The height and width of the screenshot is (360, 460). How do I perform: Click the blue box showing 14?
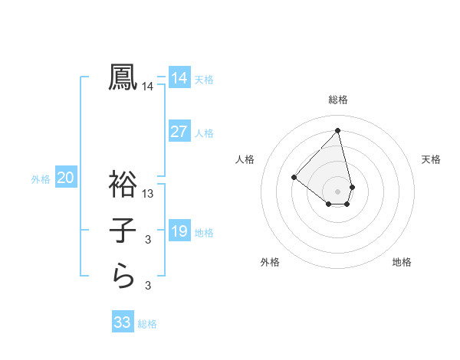[x=179, y=77]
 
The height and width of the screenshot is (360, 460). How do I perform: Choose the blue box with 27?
[x=179, y=131]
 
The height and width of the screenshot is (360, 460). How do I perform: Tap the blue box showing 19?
[x=179, y=231]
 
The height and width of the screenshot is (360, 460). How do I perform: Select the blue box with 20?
[x=66, y=178]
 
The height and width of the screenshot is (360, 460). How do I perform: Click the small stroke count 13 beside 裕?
[x=148, y=194]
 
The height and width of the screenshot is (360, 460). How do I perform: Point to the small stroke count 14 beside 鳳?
[x=148, y=87]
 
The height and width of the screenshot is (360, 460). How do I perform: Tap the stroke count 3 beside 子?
[x=148, y=241]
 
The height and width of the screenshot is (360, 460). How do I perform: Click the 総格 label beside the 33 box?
[x=148, y=324]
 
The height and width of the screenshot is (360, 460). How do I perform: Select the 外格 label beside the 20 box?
[x=41, y=180]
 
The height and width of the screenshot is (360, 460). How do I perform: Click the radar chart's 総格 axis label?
[x=338, y=100]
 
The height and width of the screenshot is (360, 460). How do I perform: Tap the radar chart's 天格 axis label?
[x=431, y=159]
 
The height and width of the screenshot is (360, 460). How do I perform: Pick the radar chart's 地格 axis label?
[x=402, y=262]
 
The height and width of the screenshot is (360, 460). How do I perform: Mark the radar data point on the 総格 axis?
[x=338, y=130]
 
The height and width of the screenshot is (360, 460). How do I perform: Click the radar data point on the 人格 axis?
[x=294, y=177]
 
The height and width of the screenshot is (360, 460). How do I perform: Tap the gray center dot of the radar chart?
[x=338, y=191]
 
